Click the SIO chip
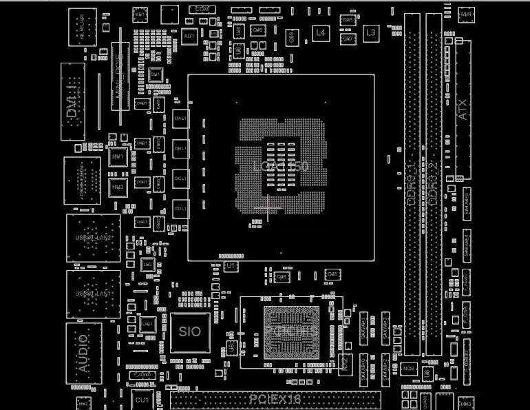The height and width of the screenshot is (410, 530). (x=190, y=331)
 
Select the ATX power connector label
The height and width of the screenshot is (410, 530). (x=463, y=109)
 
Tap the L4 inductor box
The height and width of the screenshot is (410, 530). (x=320, y=32)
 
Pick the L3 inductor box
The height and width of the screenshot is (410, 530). (x=371, y=32)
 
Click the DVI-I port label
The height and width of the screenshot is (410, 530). (x=72, y=103)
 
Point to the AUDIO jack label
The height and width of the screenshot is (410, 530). (x=83, y=353)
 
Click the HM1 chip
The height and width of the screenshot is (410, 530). (x=118, y=158)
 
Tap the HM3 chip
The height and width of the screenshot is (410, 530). (x=118, y=187)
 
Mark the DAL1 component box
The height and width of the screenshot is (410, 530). (x=181, y=119)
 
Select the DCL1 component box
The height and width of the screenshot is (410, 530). (x=181, y=178)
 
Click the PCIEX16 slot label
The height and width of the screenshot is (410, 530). (x=275, y=399)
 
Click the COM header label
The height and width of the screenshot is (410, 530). (x=202, y=10)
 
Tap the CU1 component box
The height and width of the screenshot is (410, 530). (x=142, y=400)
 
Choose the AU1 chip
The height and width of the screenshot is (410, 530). (x=190, y=34)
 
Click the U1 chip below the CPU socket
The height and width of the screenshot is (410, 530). (x=232, y=265)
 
